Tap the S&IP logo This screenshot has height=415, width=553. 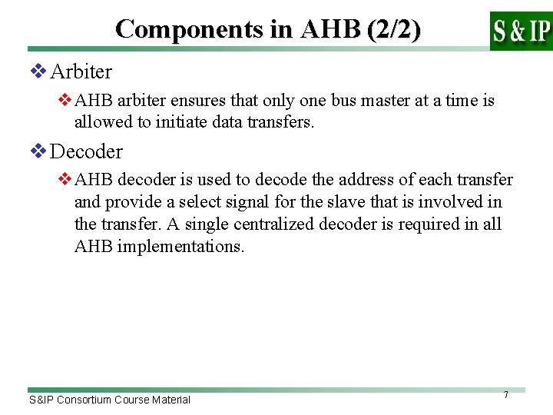[521, 31]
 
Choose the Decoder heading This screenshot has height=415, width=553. [86, 151]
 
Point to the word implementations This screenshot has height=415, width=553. [180, 247]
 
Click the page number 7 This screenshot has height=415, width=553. [505, 395]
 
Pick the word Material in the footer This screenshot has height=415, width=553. [170, 400]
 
